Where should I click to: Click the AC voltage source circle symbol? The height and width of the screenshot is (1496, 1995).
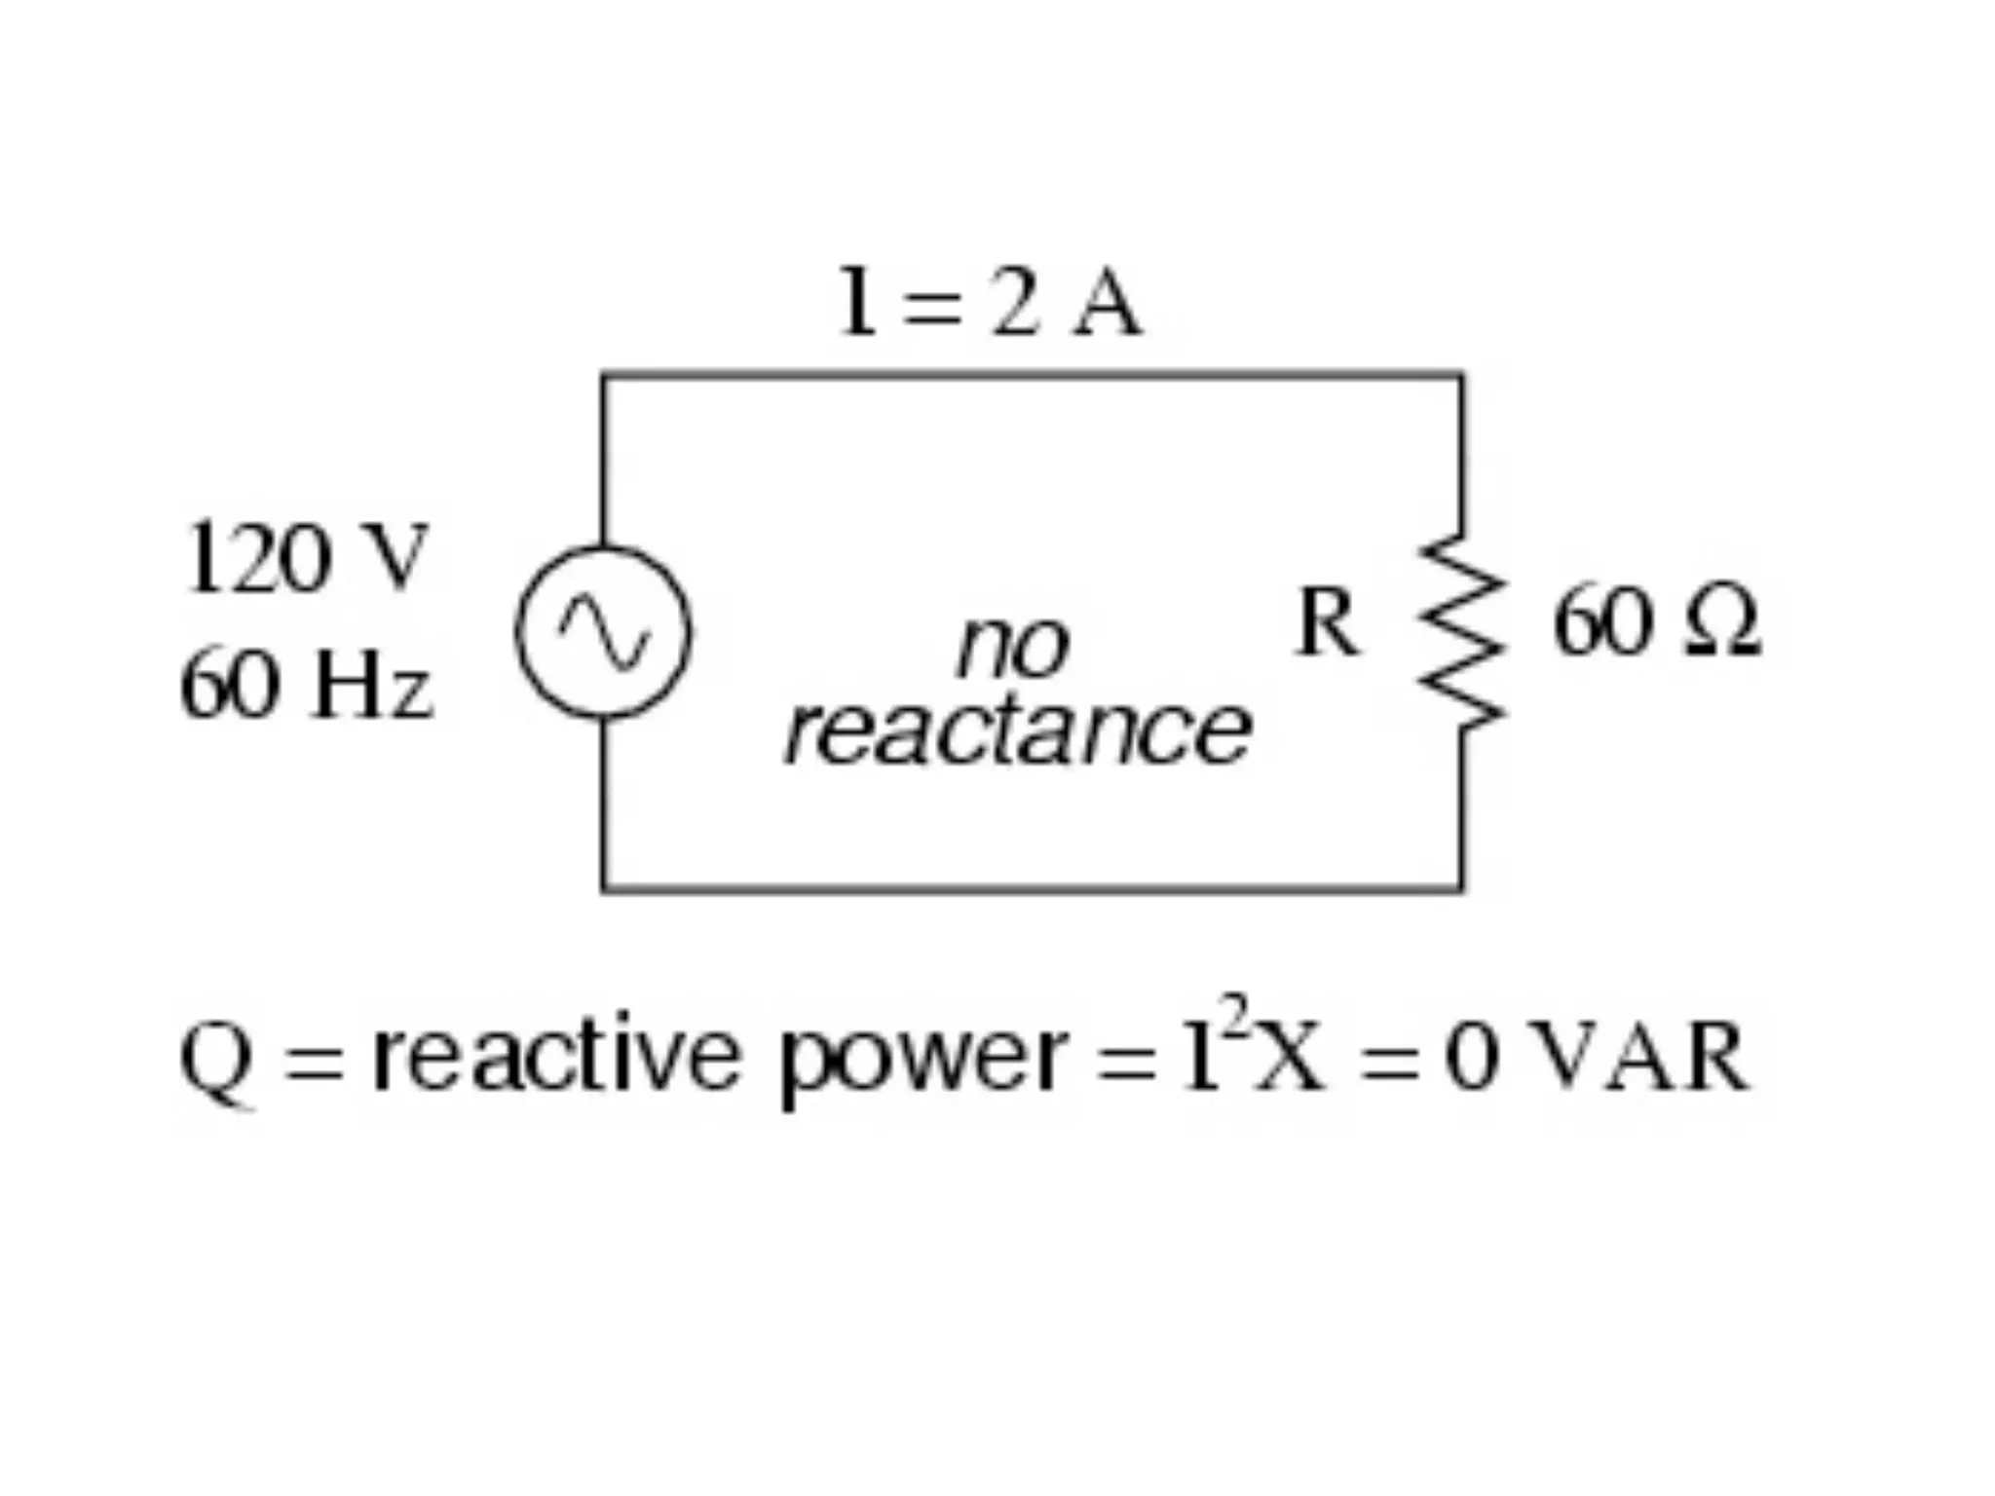(x=603, y=633)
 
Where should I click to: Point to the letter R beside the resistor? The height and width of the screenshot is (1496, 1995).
(x=1326, y=623)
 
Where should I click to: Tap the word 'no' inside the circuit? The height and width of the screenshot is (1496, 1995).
(x=1013, y=647)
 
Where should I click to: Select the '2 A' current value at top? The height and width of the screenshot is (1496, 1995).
(x=1066, y=303)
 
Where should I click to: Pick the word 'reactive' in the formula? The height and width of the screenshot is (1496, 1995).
(x=556, y=1056)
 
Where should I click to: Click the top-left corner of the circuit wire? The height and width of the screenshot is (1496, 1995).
(x=604, y=375)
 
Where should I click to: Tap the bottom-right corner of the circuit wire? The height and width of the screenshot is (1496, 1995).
(x=1460, y=887)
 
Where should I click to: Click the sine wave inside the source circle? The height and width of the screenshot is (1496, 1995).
(x=603, y=633)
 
